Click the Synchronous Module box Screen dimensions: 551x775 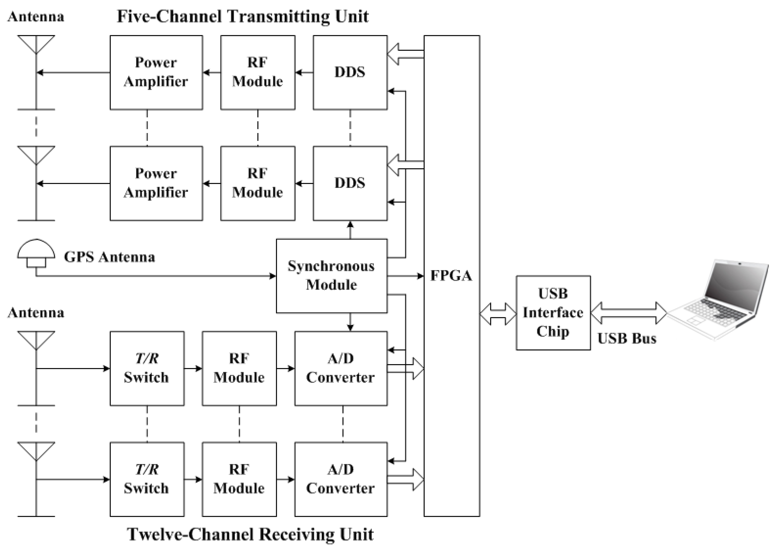(x=331, y=275)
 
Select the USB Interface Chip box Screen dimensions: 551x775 (x=553, y=312)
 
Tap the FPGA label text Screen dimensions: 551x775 (x=451, y=275)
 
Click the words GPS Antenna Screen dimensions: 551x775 (x=109, y=257)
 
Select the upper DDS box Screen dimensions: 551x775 (x=350, y=72)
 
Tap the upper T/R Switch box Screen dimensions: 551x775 (x=147, y=368)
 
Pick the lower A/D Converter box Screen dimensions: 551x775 (x=341, y=479)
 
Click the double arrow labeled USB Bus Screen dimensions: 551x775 (x=629, y=313)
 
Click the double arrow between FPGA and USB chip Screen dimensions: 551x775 (x=498, y=314)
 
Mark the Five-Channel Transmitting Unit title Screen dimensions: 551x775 (x=242, y=16)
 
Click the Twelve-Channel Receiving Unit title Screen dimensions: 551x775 (x=250, y=534)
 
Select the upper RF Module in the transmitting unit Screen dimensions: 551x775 (x=258, y=72)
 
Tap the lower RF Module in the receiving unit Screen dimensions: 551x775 (x=239, y=479)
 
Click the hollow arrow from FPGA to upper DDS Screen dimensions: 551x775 (x=405, y=54)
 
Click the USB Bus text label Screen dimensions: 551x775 (x=627, y=338)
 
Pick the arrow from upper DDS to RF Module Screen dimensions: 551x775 (x=304, y=72)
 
